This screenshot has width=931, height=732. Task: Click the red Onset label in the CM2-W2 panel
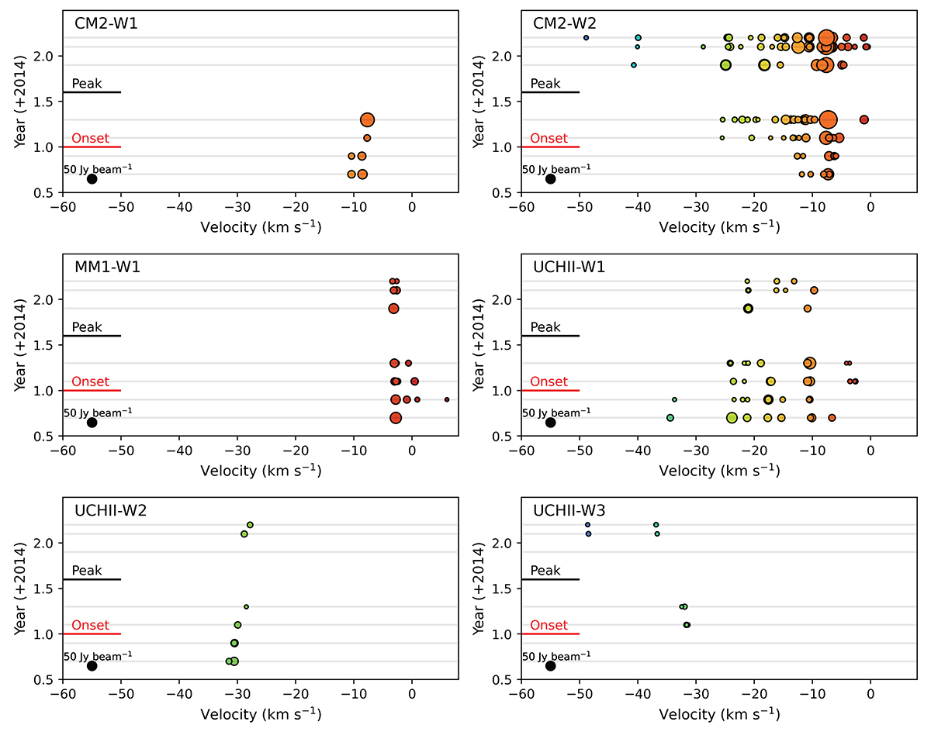click(549, 139)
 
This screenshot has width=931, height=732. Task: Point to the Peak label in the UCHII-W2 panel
click(87, 571)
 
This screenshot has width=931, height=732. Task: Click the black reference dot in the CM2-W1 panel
click(92, 179)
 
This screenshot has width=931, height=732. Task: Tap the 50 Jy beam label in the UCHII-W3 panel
click(556, 656)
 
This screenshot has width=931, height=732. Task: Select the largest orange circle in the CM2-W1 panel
click(368, 120)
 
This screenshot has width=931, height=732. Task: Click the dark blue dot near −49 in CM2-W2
click(587, 38)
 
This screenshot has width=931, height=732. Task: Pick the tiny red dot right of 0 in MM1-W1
click(447, 400)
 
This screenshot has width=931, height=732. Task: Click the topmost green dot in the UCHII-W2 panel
click(250, 525)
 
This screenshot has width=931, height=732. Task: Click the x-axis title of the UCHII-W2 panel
click(261, 714)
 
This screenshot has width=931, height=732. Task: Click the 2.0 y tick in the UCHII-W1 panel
click(505, 300)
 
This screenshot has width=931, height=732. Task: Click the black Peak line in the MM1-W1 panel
click(92, 336)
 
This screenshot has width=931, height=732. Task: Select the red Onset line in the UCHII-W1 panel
click(551, 391)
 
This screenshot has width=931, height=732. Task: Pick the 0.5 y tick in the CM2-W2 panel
click(505, 193)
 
